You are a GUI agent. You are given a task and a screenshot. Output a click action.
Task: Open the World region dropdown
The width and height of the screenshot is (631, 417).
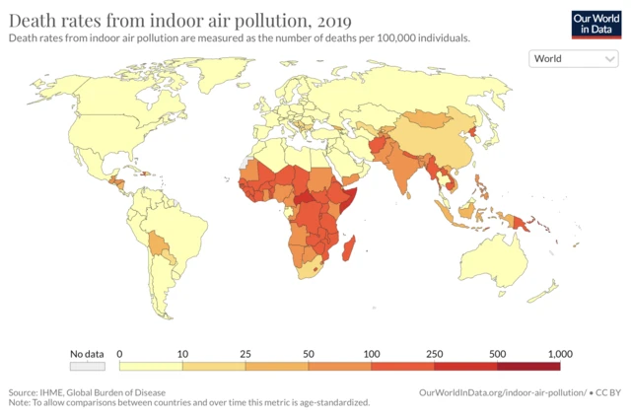click(574, 58)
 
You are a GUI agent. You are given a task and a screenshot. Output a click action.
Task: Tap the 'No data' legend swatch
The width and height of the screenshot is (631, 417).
click(88, 366)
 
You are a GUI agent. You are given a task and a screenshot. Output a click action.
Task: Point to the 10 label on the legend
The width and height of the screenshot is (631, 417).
click(181, 353)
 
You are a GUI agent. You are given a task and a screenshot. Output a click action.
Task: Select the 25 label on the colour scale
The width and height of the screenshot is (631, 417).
click(245, 353)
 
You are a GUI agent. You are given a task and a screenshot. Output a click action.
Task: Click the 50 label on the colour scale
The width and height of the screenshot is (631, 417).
click(308, 353)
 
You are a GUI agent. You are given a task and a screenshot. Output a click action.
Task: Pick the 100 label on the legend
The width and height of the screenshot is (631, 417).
click(371, 353)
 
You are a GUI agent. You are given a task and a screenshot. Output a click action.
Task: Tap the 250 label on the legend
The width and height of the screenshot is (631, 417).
click(434, 353)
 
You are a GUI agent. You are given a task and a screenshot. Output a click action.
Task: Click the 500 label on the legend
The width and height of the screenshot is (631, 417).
click(497, 353)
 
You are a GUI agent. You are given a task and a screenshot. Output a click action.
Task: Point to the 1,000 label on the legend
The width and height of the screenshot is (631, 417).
click(559, 353)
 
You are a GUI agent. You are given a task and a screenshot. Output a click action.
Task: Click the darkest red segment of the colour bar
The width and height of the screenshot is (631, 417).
click(528, 366)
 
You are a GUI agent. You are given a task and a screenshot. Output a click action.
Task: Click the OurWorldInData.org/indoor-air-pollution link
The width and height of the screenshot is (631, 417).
click(503, 391)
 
